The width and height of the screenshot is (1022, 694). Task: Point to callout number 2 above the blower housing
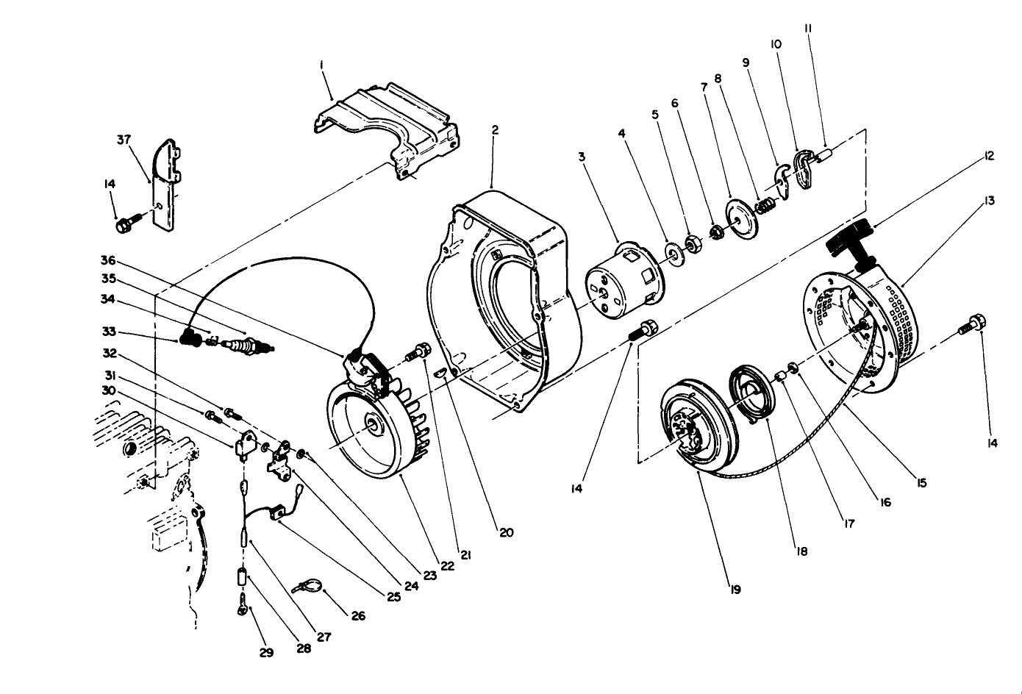[x=496, y=130]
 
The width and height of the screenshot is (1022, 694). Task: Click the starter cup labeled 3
[x=621, y=282]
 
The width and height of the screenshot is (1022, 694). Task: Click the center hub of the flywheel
[x=374, y=425]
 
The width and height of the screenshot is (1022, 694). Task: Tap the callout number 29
[x=266, y=652]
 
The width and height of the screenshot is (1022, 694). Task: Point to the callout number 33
[x=109, y=332]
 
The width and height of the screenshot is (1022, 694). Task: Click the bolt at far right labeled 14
[x=972, y=325]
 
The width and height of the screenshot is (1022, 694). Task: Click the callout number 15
[x=921, y=483]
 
